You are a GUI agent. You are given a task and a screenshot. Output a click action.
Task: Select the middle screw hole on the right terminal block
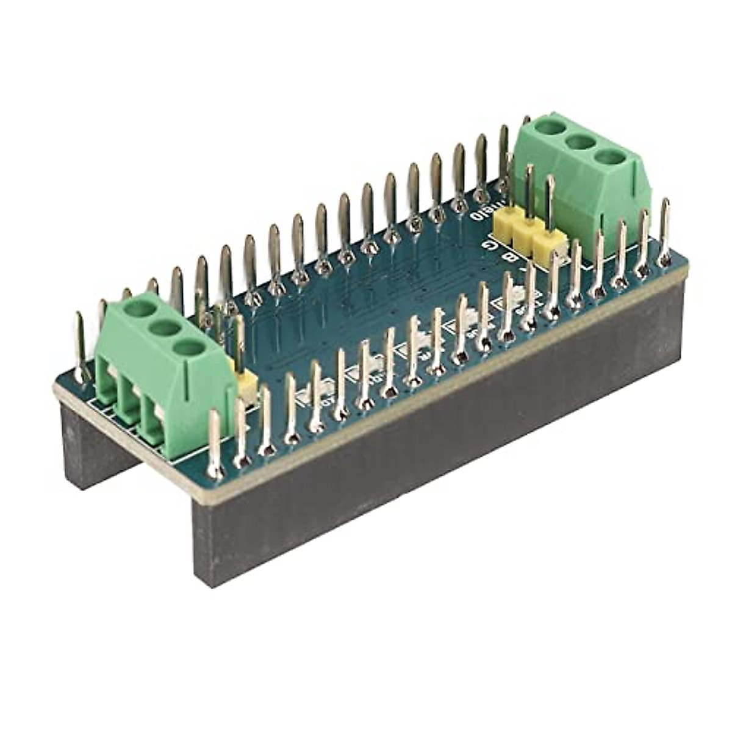click(x=580, y=142)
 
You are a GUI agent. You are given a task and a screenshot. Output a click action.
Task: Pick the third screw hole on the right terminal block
click(x=610, y=157)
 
